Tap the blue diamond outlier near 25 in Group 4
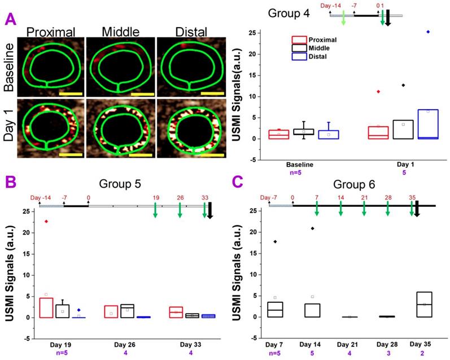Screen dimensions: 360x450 click(x=429, y=32)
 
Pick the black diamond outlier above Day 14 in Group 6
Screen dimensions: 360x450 click(x=312, y=228)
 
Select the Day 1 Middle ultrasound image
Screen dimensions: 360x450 click(x=120, y=128)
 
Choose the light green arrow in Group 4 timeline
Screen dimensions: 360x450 click(x=344, y=18)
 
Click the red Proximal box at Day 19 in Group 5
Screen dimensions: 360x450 click(x=46, y=307)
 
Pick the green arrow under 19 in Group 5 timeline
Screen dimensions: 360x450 click(x=155, y=210)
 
